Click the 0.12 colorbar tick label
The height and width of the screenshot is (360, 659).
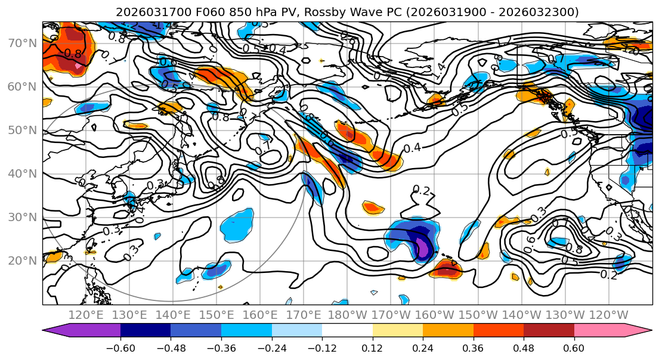tap(373, 347)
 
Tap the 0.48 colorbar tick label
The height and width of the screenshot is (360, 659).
tap(524, 347)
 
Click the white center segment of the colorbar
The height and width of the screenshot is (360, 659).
tap(347, 331)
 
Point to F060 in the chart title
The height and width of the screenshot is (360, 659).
tap(202, 12)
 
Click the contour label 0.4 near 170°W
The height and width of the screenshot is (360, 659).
tap(412, 147)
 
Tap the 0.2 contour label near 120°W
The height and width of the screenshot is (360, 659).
tap(609, 274)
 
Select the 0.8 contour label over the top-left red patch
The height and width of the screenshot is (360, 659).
tap(73, 54)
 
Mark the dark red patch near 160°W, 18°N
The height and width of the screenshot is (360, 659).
tap(445, 270)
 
